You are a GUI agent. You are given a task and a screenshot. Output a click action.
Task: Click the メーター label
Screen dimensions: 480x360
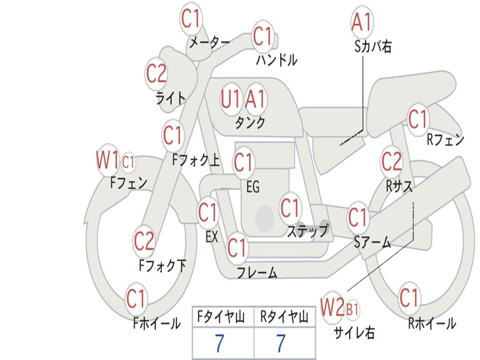(210, 42)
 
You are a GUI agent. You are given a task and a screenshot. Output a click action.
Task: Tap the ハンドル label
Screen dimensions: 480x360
(277, 60)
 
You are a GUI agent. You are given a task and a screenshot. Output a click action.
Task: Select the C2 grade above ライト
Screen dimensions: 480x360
(157, 74)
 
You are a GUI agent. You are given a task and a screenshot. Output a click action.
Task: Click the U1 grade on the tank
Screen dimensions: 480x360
(230, 99)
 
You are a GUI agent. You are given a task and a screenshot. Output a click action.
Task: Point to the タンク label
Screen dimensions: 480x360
(250, 122)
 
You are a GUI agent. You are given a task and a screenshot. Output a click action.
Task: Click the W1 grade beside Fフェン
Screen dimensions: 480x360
(107, 159)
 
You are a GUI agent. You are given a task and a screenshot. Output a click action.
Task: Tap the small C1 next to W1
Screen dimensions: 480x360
(128, 162)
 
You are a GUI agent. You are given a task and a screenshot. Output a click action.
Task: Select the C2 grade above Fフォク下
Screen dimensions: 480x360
(144, 240)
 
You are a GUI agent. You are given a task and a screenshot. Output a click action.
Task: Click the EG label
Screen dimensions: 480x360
(253, 187)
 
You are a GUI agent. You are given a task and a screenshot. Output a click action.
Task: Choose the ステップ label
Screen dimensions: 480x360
(308, 231)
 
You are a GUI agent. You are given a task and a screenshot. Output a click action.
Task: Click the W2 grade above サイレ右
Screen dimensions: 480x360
(332, 307)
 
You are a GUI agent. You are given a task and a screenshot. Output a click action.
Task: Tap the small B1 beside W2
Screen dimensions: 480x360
(352, 309)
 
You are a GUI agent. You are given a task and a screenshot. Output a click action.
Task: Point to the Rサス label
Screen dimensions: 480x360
(399, 186)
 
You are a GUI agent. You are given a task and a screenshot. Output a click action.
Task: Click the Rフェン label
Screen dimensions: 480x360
(445, 140)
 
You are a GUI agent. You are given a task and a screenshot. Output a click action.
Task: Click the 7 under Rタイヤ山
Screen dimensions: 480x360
(281, 343)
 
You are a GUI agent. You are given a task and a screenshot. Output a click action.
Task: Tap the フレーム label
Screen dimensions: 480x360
(257, 272)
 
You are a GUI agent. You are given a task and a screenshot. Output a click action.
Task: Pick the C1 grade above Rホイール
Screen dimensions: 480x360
(409, 298)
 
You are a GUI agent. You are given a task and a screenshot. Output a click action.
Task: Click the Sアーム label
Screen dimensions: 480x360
(372, 242)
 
